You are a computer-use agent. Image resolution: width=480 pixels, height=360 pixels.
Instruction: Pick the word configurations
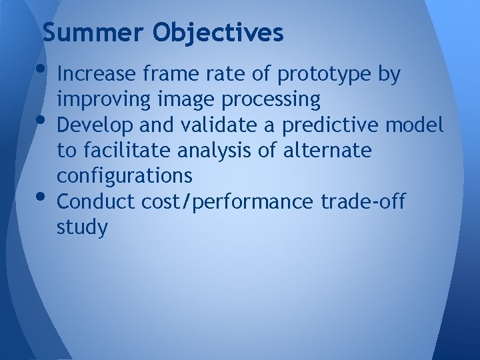click(x=125, y=177)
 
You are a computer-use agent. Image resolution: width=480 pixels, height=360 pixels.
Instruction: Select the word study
click(x=83, y=227)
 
